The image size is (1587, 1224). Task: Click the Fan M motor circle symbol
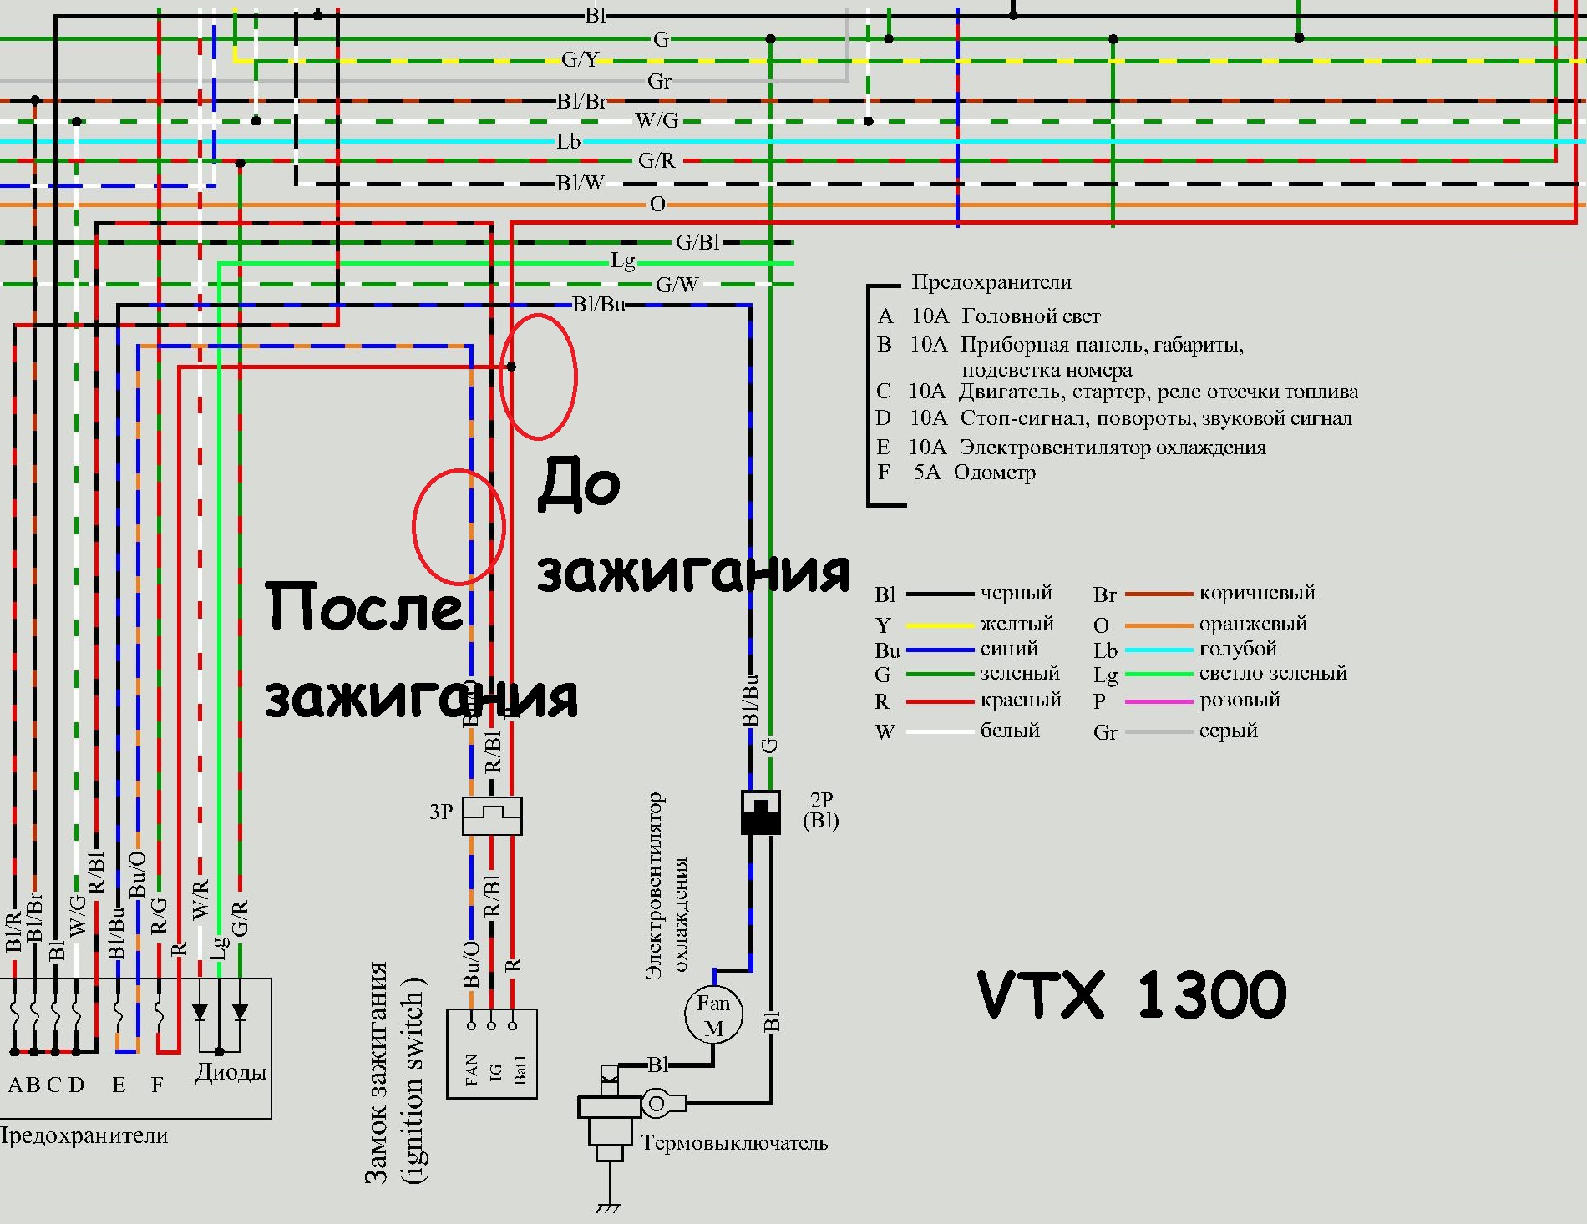[x=713, y=1014]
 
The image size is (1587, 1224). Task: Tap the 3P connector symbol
[x=492, y=815]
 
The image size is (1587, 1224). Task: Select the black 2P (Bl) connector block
[x=761, y=812]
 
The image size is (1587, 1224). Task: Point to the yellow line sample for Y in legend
[x=940, y=625]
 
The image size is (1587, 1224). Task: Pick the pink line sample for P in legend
[x=1159, y=701]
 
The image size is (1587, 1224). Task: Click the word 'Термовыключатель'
[x=734, y=1143]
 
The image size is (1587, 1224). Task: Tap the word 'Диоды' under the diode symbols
[x=231, y=1072]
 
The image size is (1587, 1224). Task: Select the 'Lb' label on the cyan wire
[x=568, y=141]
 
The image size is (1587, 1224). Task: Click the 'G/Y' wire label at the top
[x=580, y=59]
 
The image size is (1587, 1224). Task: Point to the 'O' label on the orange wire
[x=657, y=204]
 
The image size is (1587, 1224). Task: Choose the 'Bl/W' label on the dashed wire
[x=581, y=183]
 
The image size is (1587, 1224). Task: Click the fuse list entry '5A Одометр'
[x=974, y=473]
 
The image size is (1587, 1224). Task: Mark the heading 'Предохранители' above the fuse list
[x=991, y=282]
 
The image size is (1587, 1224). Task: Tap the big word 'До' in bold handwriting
[x=579, y=483]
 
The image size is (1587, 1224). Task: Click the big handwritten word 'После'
[x=364, y=607]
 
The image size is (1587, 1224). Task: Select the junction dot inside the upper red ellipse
[x=511, y=367]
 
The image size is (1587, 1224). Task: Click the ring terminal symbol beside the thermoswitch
[x=657, y=1105]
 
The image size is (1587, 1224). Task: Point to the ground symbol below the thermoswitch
[x=608, y=1207]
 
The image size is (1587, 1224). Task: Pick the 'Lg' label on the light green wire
[x=623, y=261]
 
